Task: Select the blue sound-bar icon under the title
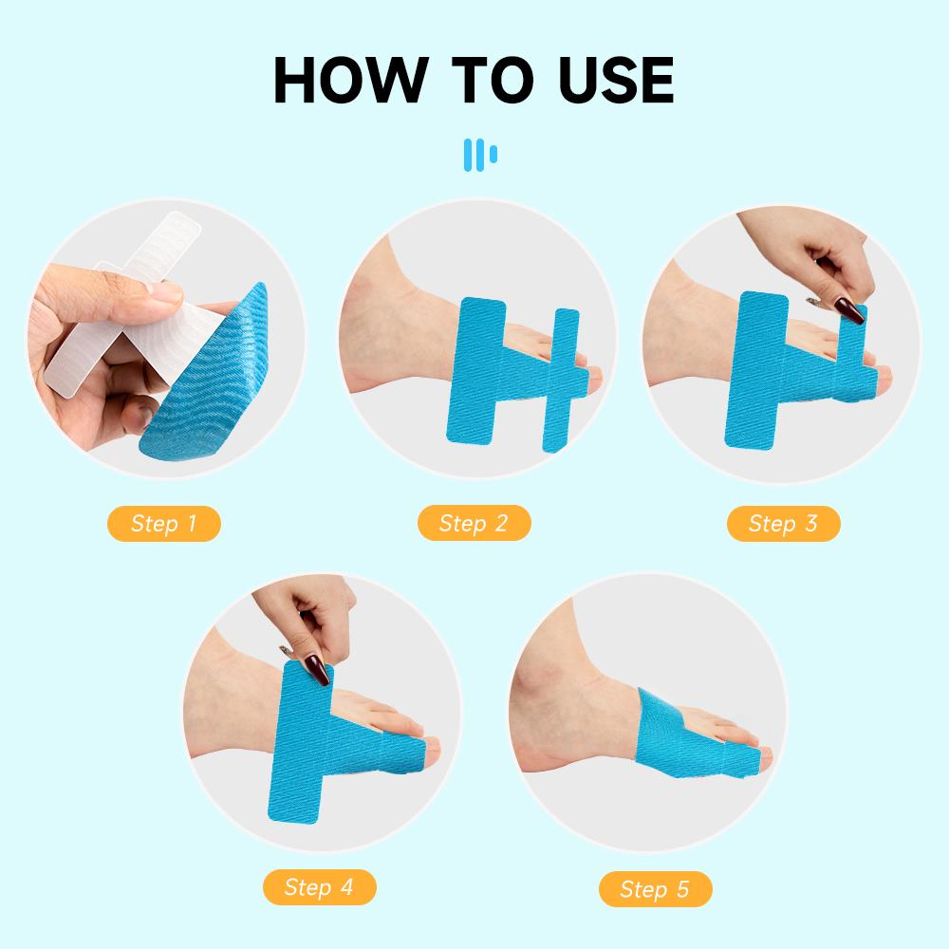479,154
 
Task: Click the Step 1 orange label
163,523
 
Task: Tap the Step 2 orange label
474,523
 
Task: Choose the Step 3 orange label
783,523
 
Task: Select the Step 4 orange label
319,887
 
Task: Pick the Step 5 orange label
655,889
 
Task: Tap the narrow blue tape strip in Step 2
562,380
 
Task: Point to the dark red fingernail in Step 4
321,670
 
